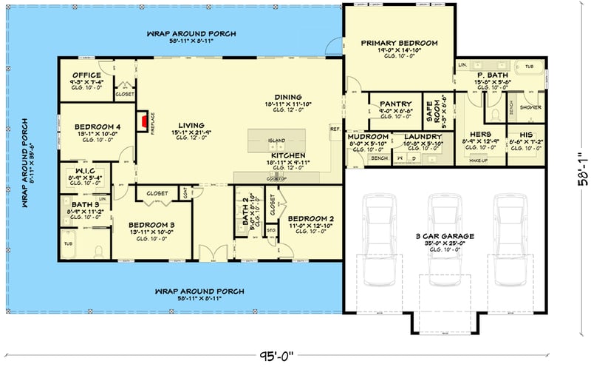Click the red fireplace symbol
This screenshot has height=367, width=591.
coord(142,121)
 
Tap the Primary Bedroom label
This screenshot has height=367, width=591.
coord(400,43)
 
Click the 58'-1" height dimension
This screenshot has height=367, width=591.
coord(583,170)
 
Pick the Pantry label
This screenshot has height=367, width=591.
coord(394,104)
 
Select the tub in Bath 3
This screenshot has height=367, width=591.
coord(68,243)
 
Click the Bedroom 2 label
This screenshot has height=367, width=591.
coord(311,218)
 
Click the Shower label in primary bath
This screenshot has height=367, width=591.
coord(530,107)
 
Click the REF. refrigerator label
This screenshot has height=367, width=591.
coord(335,128)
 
